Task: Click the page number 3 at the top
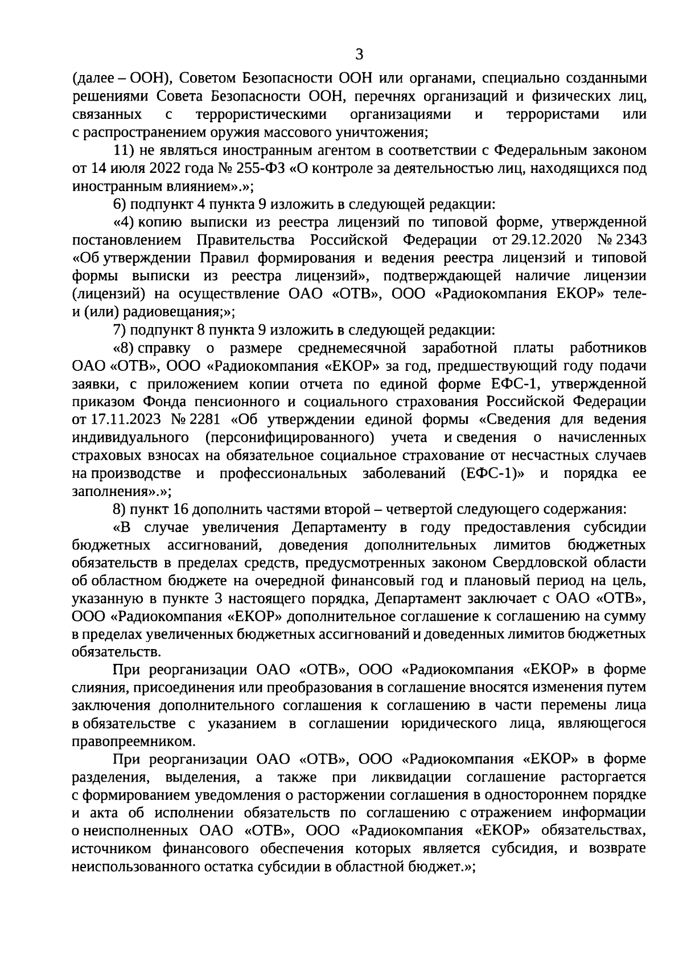(x=359, y=55)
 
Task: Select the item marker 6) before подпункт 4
(x=120, y=204)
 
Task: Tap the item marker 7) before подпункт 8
(x=120, y=330)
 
